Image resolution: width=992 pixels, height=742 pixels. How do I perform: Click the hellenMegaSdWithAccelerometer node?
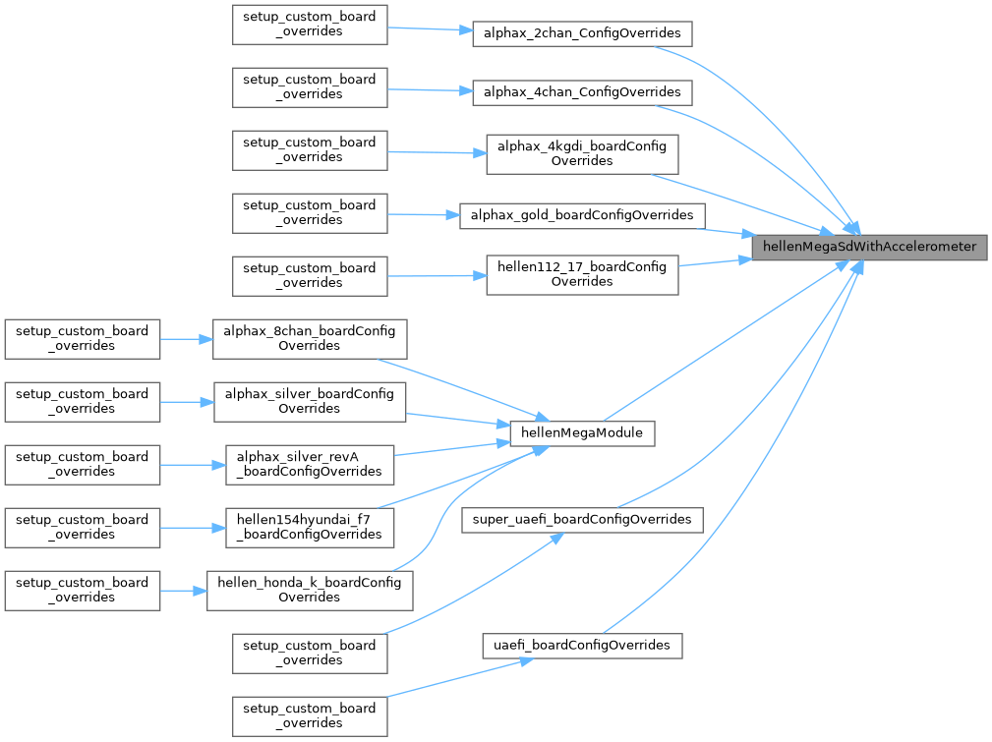tap(869, 248)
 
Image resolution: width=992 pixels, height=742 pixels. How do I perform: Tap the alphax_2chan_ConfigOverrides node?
tap(582, 33)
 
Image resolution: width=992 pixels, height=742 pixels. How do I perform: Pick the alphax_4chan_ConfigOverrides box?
tap(582, 92)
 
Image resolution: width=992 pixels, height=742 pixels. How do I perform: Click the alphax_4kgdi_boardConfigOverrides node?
tap(582, 153)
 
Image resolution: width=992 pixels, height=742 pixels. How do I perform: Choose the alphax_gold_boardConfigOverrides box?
tap(582, 215)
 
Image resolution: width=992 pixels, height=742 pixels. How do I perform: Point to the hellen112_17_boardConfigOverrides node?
tap(582, 274)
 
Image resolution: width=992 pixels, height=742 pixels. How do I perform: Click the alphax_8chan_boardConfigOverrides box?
tap(310, 338)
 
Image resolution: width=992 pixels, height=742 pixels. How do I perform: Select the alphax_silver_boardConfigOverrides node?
tap(310, 401)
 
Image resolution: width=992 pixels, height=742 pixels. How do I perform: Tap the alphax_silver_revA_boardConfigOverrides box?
tap(310, 464)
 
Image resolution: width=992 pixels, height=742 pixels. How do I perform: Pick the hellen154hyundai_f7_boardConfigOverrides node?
tap(310, 527)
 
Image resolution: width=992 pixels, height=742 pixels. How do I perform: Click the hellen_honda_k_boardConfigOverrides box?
tap(310, 590)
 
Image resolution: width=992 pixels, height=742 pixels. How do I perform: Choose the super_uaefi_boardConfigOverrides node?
tap(582, 519)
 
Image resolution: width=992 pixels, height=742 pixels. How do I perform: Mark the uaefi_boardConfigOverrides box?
tap(582, 646)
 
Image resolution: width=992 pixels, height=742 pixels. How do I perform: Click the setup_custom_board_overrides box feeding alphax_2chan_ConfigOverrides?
tap(310, 24)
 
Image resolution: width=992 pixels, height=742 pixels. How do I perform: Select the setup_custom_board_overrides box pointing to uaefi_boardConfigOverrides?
tap(310, 715)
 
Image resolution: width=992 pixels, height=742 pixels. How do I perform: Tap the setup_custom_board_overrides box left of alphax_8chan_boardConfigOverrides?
tap(82, 338)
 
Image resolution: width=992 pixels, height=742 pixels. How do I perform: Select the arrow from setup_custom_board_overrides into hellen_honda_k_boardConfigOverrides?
tap(183, 591)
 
